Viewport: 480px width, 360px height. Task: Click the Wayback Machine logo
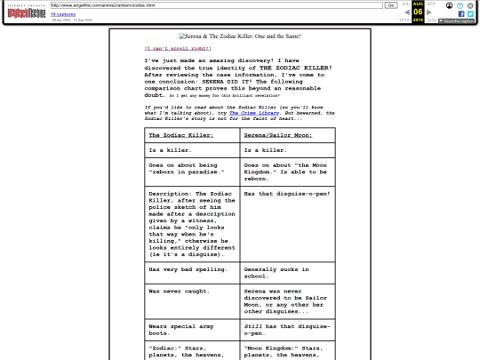tap(25, 8)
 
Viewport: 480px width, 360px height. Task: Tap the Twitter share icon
tap(471, 15)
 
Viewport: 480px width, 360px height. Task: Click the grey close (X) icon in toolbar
tap(472, 4)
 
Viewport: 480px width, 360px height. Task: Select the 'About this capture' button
tap(456, 22)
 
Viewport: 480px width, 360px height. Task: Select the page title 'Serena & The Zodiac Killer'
tap(239, 36)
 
